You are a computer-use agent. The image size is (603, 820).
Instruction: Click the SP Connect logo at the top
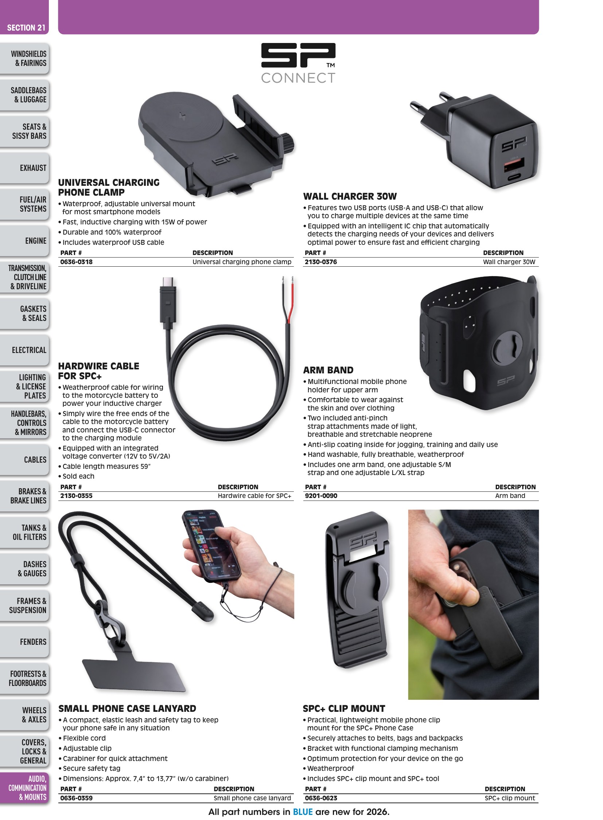[298, 63]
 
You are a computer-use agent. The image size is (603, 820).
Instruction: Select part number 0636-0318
[76, 262]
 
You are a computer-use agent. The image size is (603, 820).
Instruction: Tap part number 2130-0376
[321, 262]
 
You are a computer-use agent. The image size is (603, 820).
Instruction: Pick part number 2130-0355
[76, 496]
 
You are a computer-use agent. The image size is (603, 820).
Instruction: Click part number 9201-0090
[321, 496]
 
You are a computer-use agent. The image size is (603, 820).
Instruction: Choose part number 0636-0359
[76, 798]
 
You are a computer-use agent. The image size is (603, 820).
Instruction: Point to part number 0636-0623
[321, 798]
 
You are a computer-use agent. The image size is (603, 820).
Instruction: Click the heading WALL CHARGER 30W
[350, 197]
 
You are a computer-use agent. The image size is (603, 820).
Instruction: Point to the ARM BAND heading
[328, 370]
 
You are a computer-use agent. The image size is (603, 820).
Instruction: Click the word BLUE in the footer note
[303, 812]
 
